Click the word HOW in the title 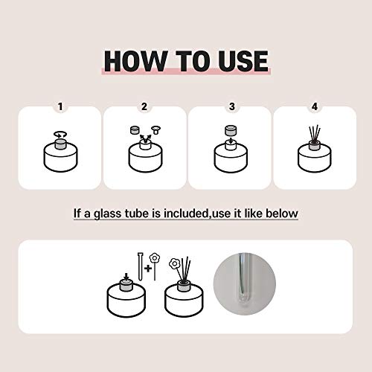pos(135,61)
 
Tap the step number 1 pos(60,106)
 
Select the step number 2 pos(144,106)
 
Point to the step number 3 pos(232,106)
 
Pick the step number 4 pos(315,106)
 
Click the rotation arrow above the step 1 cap pos(60,135)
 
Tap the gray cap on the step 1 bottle pos(60,144)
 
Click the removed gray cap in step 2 pos(135,130)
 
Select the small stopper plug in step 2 pos(156,129)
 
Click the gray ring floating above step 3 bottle pos(231,130)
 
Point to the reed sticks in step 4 pos(315,134)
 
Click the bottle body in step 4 pos(315,158)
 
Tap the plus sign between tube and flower pos(148,269)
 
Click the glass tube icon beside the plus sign pos(141,266)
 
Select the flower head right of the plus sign pos(155,258)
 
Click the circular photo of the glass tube pos(245,283)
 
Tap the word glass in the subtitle pos(108,214)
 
